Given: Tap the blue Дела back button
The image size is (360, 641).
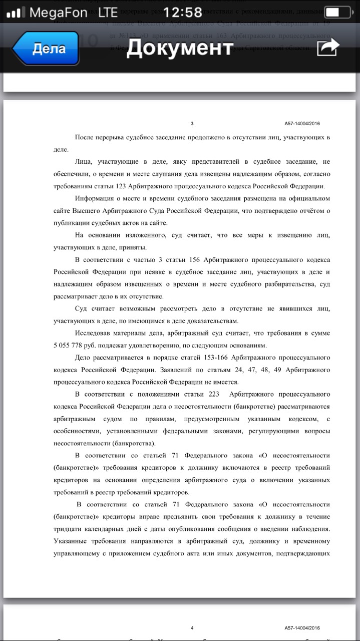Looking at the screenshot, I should tap(46, 49).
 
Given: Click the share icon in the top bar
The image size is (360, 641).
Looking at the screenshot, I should tap(328, 48).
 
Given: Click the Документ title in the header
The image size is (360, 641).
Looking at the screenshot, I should tap(180, 48).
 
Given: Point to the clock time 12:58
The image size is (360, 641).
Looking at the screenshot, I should tap(179, 12).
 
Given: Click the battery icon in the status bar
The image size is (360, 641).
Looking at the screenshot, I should tap(337, 12).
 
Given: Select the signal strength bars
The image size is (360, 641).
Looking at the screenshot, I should tap(16, 13).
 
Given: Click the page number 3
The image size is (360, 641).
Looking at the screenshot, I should tap(192, 124).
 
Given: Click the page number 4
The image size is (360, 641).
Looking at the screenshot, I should tap(192, 628).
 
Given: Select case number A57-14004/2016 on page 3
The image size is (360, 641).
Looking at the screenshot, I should tap(302, 124).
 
